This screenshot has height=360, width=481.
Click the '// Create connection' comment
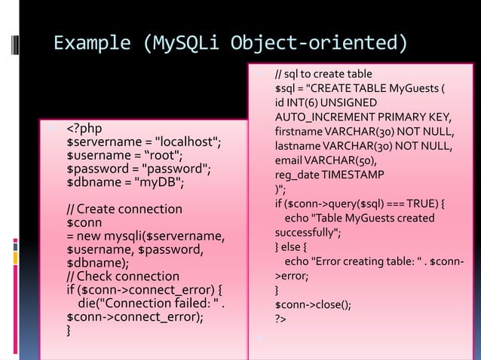click(x=124, y=209)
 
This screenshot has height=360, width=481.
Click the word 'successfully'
click(x=306, y=233)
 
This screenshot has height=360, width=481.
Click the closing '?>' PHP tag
click(x=280, y=319)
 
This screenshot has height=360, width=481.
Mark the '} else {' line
click(x=296, y=247)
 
